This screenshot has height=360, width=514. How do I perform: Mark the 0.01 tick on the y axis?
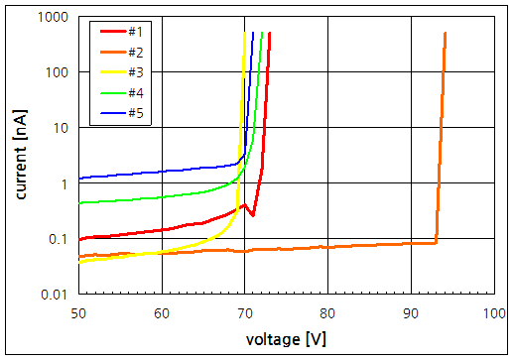[x=53, y=295]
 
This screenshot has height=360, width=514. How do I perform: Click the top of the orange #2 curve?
[x=445, y=34]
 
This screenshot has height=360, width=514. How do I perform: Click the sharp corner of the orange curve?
[x=437, y=242]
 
